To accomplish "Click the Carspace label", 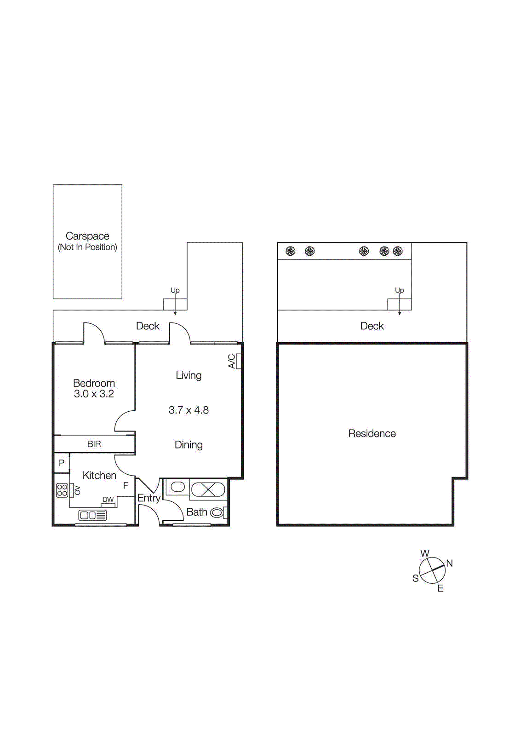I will click(x=87, y=236).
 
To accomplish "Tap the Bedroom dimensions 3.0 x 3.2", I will click(x=94, y=394).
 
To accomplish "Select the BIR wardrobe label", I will click(x=94, y=444).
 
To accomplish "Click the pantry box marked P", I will click(x=62, y=463).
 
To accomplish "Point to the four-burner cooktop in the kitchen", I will click(x=62, y=490).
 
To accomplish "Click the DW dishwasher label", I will click(x=108, y=500).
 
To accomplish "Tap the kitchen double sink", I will click(x=92, y=515).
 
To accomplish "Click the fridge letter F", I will click(x=126, y=486).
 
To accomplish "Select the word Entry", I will click(x=149, y=498).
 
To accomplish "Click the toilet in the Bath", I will click(x=217, y=512).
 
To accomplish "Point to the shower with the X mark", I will click(x=208, y=489).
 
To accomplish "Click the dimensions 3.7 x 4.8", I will click(x=189, y=410).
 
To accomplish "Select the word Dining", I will click(x=189, y=445).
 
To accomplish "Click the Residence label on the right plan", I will click(x=372, y=433).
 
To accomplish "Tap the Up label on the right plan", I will click(x=399, y=290).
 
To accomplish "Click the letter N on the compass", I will click(x=450, y=563).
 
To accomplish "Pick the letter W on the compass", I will click(x=425, y=553).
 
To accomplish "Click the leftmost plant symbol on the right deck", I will click(x=290, y=251).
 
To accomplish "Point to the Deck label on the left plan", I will click(x=148, y=326).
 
